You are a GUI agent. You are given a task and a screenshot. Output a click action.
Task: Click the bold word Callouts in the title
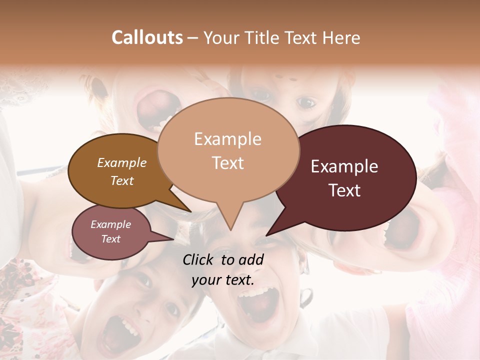point(147,37)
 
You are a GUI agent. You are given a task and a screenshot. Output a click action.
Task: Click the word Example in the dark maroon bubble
point(344,166)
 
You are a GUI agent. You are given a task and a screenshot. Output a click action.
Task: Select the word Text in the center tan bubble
point(228,163)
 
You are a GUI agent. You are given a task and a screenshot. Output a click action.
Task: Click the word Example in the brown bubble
point(121,162)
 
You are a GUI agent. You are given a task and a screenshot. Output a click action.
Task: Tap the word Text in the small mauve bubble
point(110,239)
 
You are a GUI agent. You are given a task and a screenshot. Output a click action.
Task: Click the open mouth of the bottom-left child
point(122,330)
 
